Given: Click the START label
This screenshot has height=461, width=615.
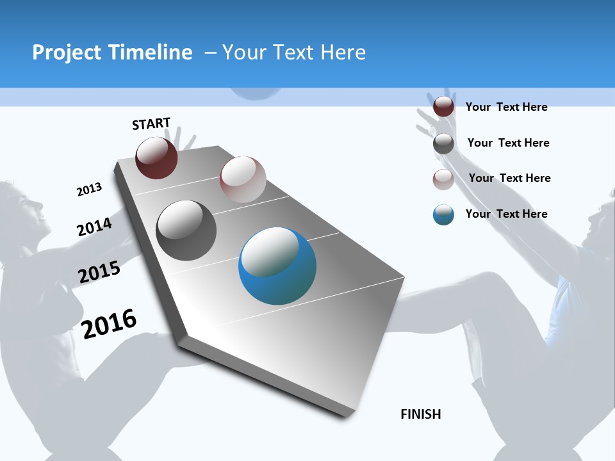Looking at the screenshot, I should (151, 124).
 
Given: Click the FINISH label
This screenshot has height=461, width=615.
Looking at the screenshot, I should (420, 414).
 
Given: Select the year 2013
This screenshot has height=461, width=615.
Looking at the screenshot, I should (89, 189).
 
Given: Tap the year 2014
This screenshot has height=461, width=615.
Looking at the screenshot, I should (94, 227).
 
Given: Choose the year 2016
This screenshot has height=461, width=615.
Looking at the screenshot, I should (109, 323).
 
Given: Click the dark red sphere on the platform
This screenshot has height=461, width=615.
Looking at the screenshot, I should (156, 158).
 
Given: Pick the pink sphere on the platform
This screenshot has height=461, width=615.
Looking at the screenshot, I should (243, 179).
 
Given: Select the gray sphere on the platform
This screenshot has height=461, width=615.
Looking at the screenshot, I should (186, 230).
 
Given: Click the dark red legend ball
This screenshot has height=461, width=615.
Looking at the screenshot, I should (443, 107).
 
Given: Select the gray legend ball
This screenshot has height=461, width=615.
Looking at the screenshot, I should (443, 143).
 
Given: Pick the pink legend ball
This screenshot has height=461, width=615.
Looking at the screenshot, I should (443, 179).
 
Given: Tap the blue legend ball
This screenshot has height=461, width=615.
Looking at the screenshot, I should (443, 214).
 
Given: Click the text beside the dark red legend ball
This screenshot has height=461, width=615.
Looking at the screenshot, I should (506, 107).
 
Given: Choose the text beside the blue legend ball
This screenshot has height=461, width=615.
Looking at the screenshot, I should (506, 214).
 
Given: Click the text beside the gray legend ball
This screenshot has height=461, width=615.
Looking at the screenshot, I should (508, 143).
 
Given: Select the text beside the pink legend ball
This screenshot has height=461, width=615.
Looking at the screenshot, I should (509, 178).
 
